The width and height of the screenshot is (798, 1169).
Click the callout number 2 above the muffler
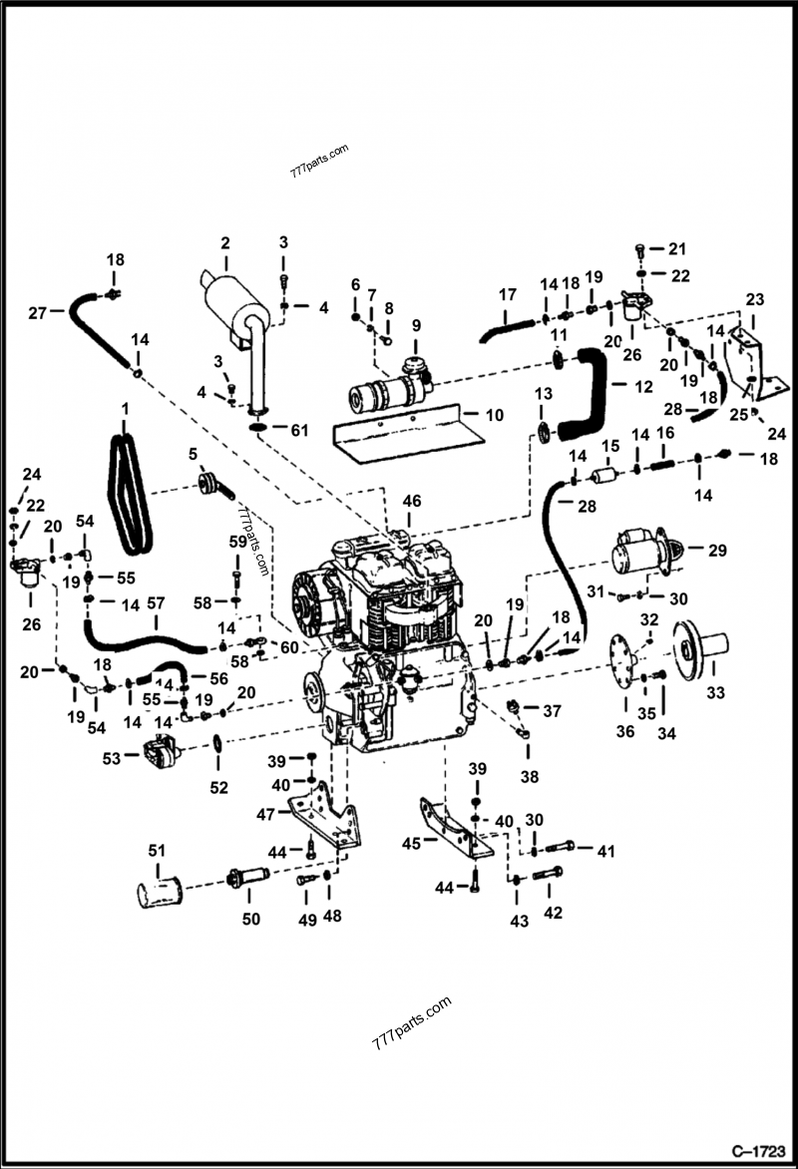[x=224, y=242]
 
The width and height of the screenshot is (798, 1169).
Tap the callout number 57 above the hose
[x=156, y=603]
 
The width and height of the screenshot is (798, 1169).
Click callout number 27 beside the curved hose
[x=38, y=314]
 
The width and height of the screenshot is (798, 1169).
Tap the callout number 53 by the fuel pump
[x=113, y=759]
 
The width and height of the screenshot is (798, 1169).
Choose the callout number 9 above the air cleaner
[x=416, y=325]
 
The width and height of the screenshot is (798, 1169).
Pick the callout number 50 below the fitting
[x=251, y=919]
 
